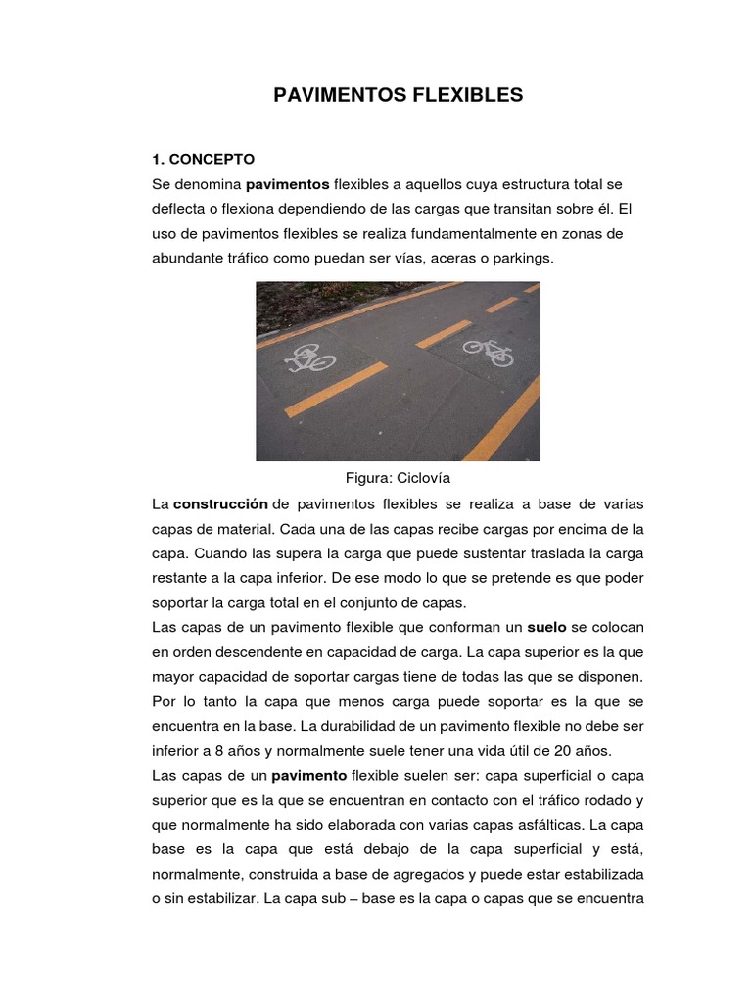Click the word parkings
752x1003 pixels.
524,260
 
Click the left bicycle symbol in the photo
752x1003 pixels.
309,358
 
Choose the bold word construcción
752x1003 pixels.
220,504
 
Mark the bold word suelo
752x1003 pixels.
546,627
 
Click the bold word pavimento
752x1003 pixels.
309,776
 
